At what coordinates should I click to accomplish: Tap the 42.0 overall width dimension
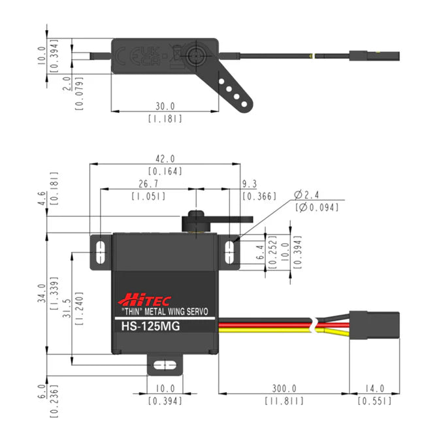click(x=165, y=159)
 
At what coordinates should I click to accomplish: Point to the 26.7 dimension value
click(x=148, y=184)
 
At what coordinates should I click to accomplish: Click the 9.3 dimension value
click(x=249, y=184)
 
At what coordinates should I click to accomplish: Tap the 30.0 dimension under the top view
click(x=165, y=106)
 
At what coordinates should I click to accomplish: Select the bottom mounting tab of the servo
click(x=165, y=364)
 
